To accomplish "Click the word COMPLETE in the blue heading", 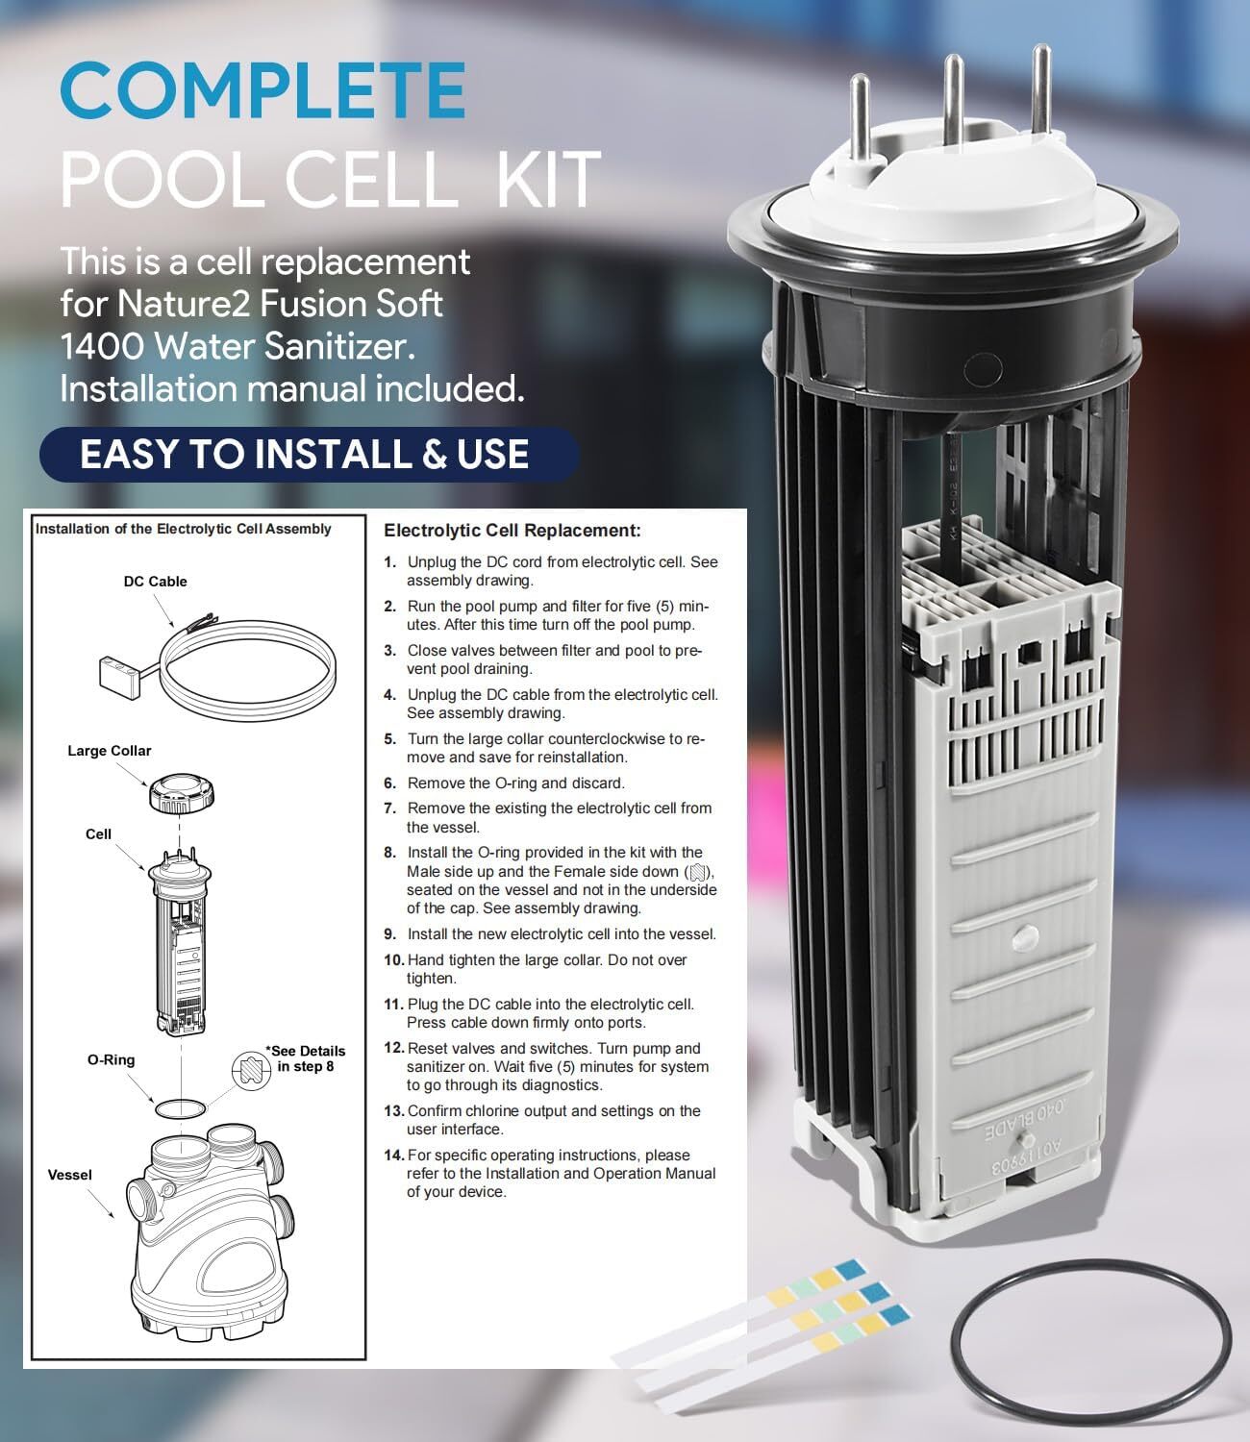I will point(262,89).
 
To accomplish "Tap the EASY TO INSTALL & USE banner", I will point(305,454).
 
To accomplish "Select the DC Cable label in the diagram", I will point(155,582).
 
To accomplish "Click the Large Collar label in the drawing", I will point(109,751).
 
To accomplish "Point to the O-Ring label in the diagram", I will point(111,1059).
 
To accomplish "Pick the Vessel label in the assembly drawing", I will point(69,1175).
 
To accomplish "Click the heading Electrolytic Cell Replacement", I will point(512,531).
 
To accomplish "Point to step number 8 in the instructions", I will point(389,853).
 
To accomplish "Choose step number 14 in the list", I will point(393,1156).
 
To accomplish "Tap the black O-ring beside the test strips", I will point(1090,1346).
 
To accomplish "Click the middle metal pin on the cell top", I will point(953,96).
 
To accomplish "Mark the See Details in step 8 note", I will point(305,1058).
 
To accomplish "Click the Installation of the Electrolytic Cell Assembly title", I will point(183,529).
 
